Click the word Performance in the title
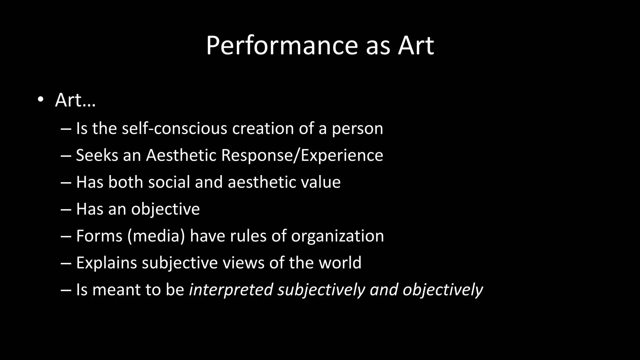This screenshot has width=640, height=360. coord(281,46)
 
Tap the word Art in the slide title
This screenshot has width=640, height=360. coord(416,46)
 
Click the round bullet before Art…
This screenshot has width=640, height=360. coord(40,100)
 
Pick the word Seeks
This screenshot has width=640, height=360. coord(97,155)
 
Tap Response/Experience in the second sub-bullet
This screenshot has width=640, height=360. coord(302,155)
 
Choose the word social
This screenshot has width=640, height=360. coord(169,182)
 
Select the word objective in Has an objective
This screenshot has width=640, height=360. coord(165,209)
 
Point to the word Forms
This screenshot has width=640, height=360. coord(99,236)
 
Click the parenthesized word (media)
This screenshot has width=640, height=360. coord(156,236)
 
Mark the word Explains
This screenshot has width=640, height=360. coord(106,263)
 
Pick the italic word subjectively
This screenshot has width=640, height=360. coord(321,290)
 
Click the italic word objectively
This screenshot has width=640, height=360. coord(442,290)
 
